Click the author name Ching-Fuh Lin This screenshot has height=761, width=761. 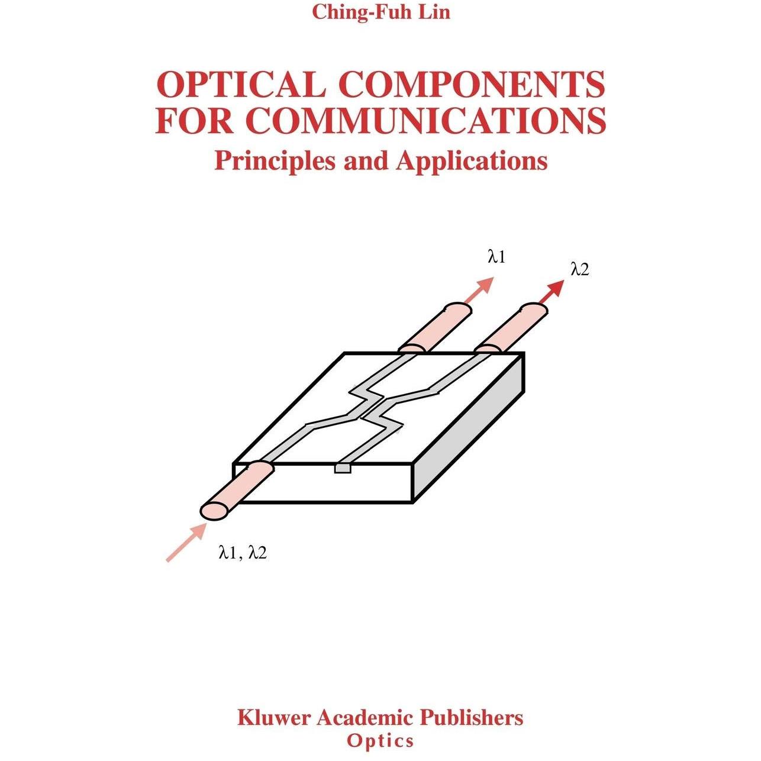[380, 11]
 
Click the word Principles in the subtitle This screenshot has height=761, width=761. [275, 161]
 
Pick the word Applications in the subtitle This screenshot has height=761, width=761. [472, 161]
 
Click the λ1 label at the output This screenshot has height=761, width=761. [497, 257]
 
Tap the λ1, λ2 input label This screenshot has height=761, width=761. [243, 553]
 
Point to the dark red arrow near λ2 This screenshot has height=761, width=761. [552, 292]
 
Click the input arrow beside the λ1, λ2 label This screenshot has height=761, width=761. [186, 541]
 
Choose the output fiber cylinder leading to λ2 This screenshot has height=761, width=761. [511, 328]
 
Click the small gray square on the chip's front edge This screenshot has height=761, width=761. [343, 468]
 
